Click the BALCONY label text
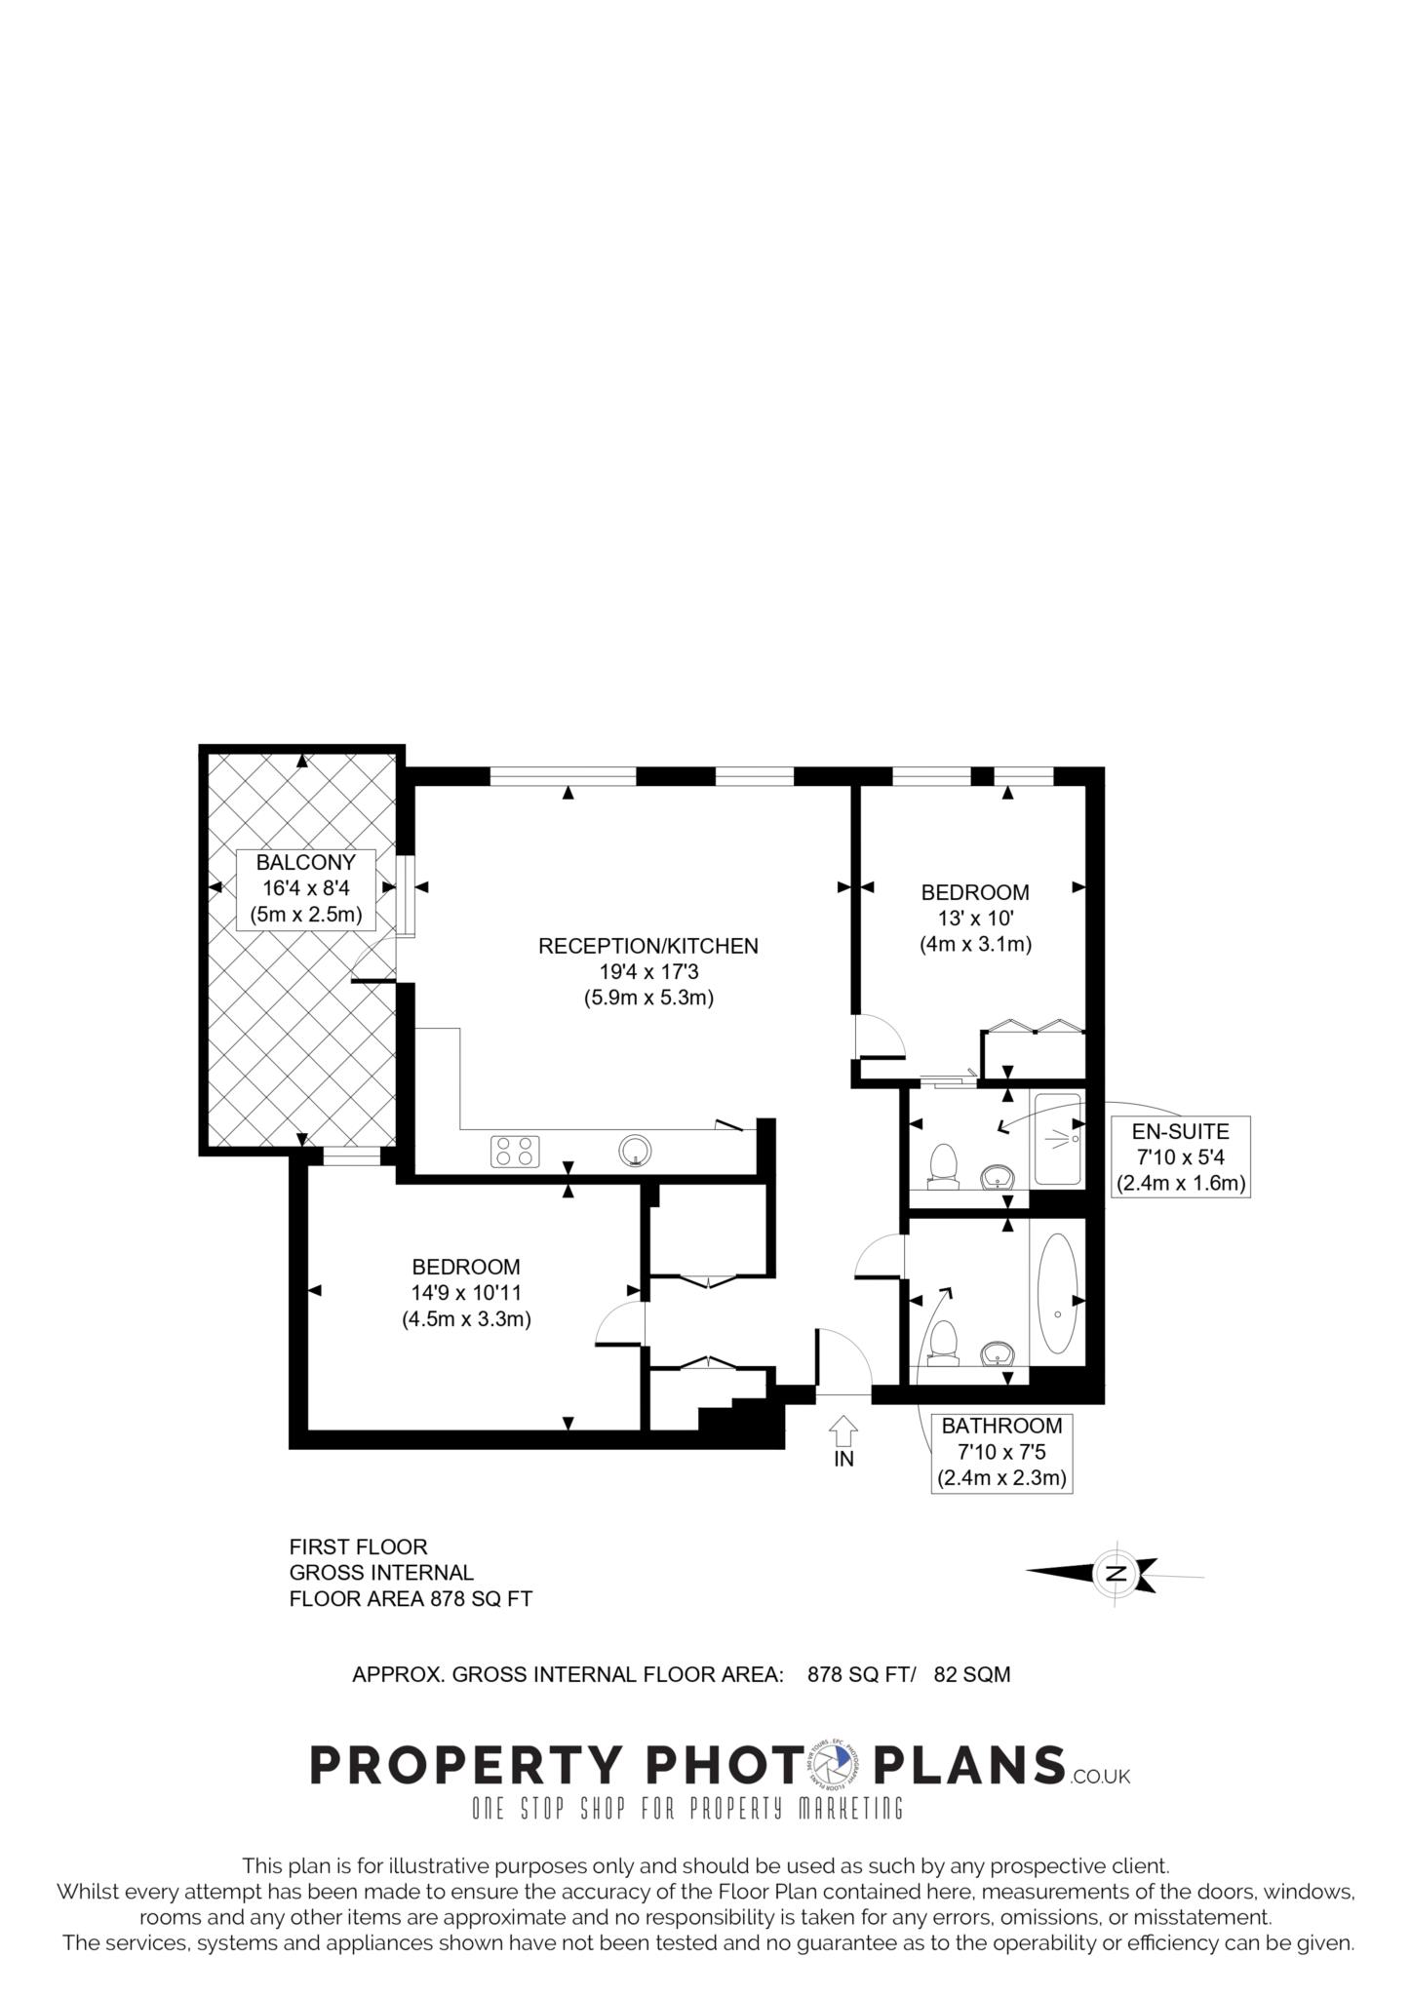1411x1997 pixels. (x=305, y=862)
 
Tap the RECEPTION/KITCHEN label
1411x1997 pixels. (x=648, y=945)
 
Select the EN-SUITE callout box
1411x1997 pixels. (x=1181, y=1156)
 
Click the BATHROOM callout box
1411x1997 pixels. (x=1001, y=1453)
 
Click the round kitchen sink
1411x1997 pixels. (x=635, y=1151)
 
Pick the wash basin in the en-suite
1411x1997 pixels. (x=996, y=1177)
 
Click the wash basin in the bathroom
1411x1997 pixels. (x=996, y=1352)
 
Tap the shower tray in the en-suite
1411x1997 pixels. (x=1058, y=1139)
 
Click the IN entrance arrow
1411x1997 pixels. (x=843, y=1430)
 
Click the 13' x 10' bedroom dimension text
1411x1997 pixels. (x=975, y=918)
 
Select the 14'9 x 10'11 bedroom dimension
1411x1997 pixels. (x=466, y=1293)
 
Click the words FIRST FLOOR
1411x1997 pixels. (x=359, y=1547)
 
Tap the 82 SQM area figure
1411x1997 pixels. (x=971, y=1674)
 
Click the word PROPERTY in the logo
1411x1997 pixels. (x=465, y=1765)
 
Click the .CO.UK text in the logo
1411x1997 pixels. (x=1100, y=1777)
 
